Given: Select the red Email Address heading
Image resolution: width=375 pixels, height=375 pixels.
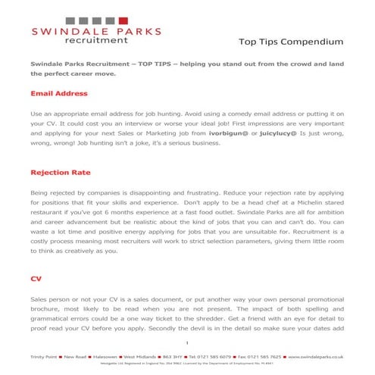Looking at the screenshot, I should point(60,94).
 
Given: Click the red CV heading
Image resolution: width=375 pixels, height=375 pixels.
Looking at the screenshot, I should point(36,278).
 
